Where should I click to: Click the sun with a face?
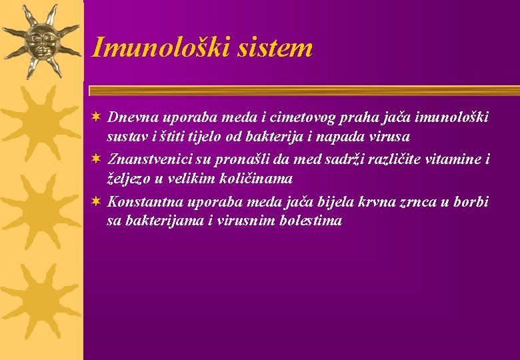click(x=41, y=41)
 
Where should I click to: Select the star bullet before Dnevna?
click(x=97, y=117)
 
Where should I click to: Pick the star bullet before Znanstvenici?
click(x=97, y=159)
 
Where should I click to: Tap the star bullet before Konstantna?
click(x=97, y=201)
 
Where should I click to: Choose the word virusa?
click(x=389, y=137)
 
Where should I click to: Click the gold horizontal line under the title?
click(x=303, y=91)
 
